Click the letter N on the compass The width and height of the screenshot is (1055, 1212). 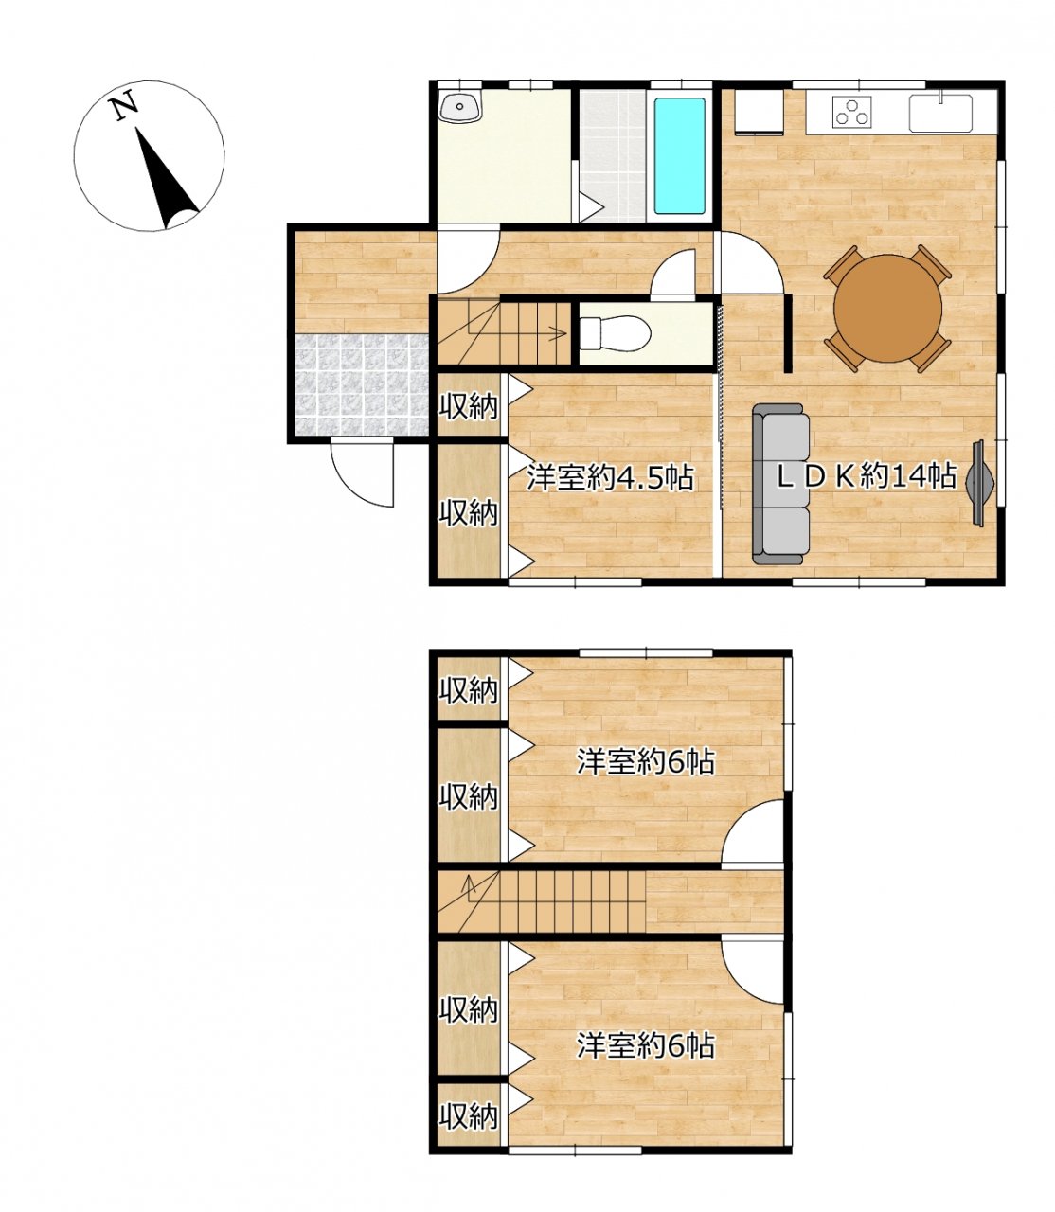(x=124, y=107)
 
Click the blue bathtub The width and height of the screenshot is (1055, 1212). (x=679, y=156)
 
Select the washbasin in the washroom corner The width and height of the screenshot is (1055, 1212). (x=460, y=108)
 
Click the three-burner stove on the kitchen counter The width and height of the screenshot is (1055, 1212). (x=852, y=112)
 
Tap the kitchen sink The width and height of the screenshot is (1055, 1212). (x=940, y=113)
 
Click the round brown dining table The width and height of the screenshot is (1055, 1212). (x=887, y=308)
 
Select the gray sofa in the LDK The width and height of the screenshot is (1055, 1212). (x=780, y=484)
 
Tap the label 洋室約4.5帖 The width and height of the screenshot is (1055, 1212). (x=610, y=477)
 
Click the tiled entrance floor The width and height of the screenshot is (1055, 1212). (x=362, y=384)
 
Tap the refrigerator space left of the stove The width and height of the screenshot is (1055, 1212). (x=759, y=112)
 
